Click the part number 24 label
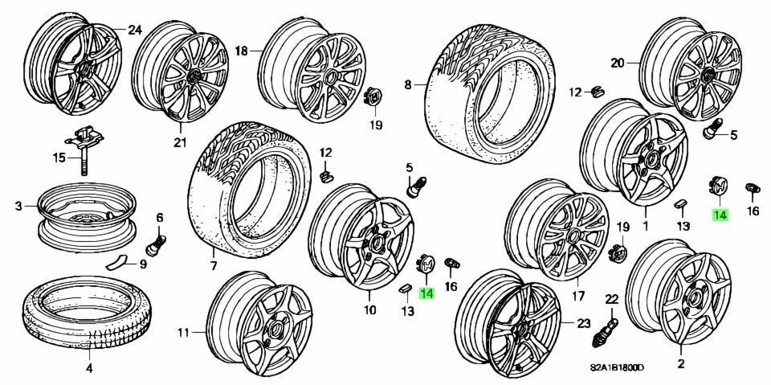pos(134,31)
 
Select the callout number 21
pos(180,143)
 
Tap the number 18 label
pos(241,51)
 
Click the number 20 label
pos(617,63)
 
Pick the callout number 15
pos(58,158)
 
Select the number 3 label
pos(18,207)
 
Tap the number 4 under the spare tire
pos(89,369)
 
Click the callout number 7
pos(214,266)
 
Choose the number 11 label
pos(183,331)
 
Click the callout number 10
pos(369,309)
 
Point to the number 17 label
pos(577,294)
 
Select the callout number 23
pos(584,324)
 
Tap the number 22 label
pos(611,299)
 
